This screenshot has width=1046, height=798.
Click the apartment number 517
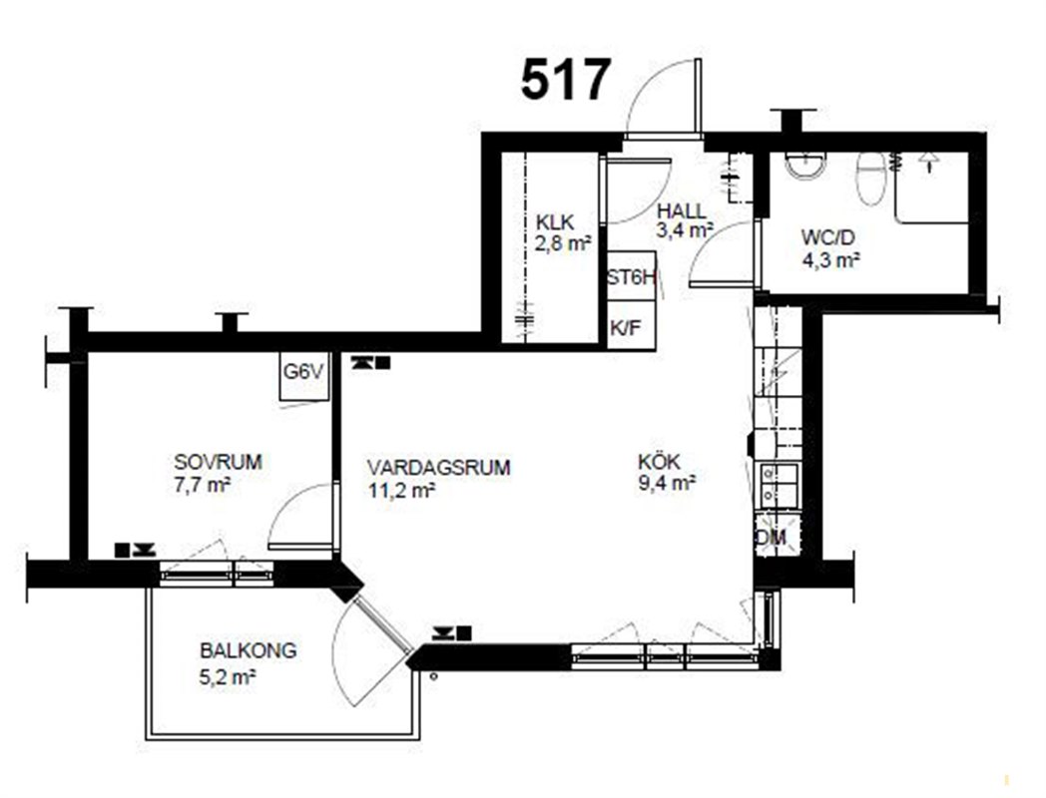(566, 80)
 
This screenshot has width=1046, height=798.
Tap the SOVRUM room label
(219, 461)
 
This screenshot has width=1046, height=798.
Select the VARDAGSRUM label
(439, 468)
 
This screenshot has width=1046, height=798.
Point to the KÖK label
(659, 461)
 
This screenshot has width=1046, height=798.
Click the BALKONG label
(249, 650)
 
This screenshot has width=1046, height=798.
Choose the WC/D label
(827, 237)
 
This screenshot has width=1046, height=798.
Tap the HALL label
(681, 210)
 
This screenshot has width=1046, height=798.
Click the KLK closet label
(554, 222)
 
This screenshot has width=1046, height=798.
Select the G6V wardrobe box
(304, 376)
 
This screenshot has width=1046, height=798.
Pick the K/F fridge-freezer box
(631, 325)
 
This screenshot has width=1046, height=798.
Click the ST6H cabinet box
(631, 276)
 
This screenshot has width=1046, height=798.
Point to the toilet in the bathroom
(869, 178)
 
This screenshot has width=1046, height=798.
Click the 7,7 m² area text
(203, 485)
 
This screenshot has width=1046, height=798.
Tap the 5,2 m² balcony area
(229, 677)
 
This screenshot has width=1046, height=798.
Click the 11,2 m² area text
(401, 490)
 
